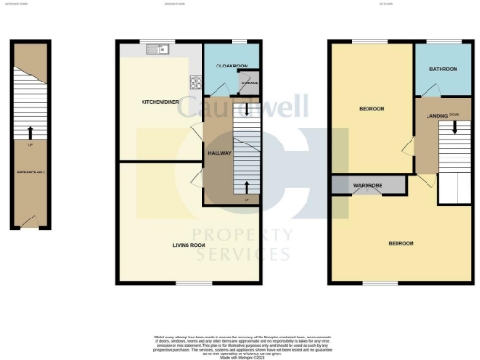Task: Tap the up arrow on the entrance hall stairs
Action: pos(31,133)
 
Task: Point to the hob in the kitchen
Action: pos(196,83)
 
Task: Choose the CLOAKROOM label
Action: pos(231,66)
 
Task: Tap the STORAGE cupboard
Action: pos(249,85)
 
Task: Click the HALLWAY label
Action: pos(218,151)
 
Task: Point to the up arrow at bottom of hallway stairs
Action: pos(247,185)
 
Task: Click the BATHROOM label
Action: pos(442,69)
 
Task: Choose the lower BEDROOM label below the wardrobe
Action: pos(401,243)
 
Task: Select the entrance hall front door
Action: pos(31,221)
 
